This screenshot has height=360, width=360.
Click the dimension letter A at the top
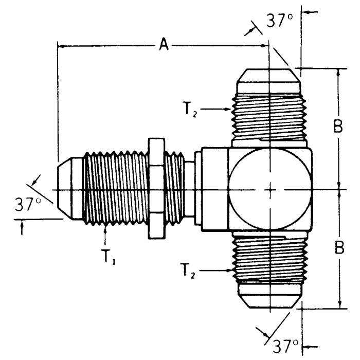[x=164, y=46]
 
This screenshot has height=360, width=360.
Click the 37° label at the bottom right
[x=284, y=344]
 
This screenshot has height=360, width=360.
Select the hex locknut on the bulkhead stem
[x=156, y=188]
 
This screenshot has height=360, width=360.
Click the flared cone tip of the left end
[x=67, y=189]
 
